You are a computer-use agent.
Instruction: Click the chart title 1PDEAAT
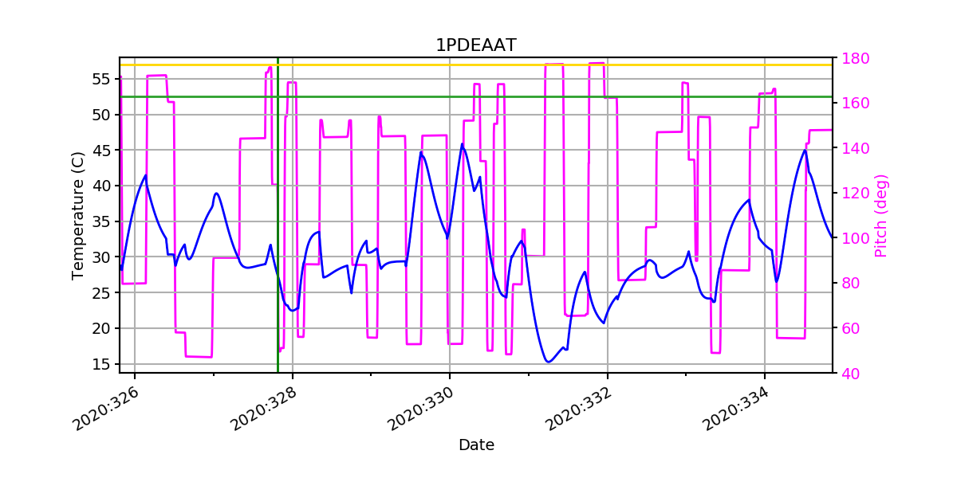[x=475, y=45]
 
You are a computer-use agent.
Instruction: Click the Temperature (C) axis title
[x=78, y=215]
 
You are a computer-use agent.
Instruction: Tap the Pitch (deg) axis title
[x=881, y=215]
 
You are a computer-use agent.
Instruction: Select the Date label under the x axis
[x=476, y=445]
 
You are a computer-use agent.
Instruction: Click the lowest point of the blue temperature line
[x=548, y=362]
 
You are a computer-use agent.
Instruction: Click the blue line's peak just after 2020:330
[x=462, y=144]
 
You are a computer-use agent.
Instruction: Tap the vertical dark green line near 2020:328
[x=278, y=239]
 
